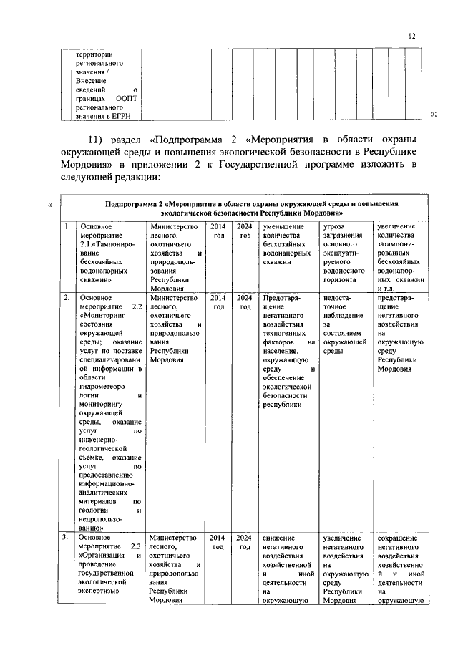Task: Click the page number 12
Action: (x=411, y=35)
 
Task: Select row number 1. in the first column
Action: (x=66, y=227)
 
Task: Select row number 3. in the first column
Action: (x=66, y=537)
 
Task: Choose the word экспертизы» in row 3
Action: (x=100, y=592)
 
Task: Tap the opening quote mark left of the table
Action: (x=49, y=208)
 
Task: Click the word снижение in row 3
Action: (x=278, y=537)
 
